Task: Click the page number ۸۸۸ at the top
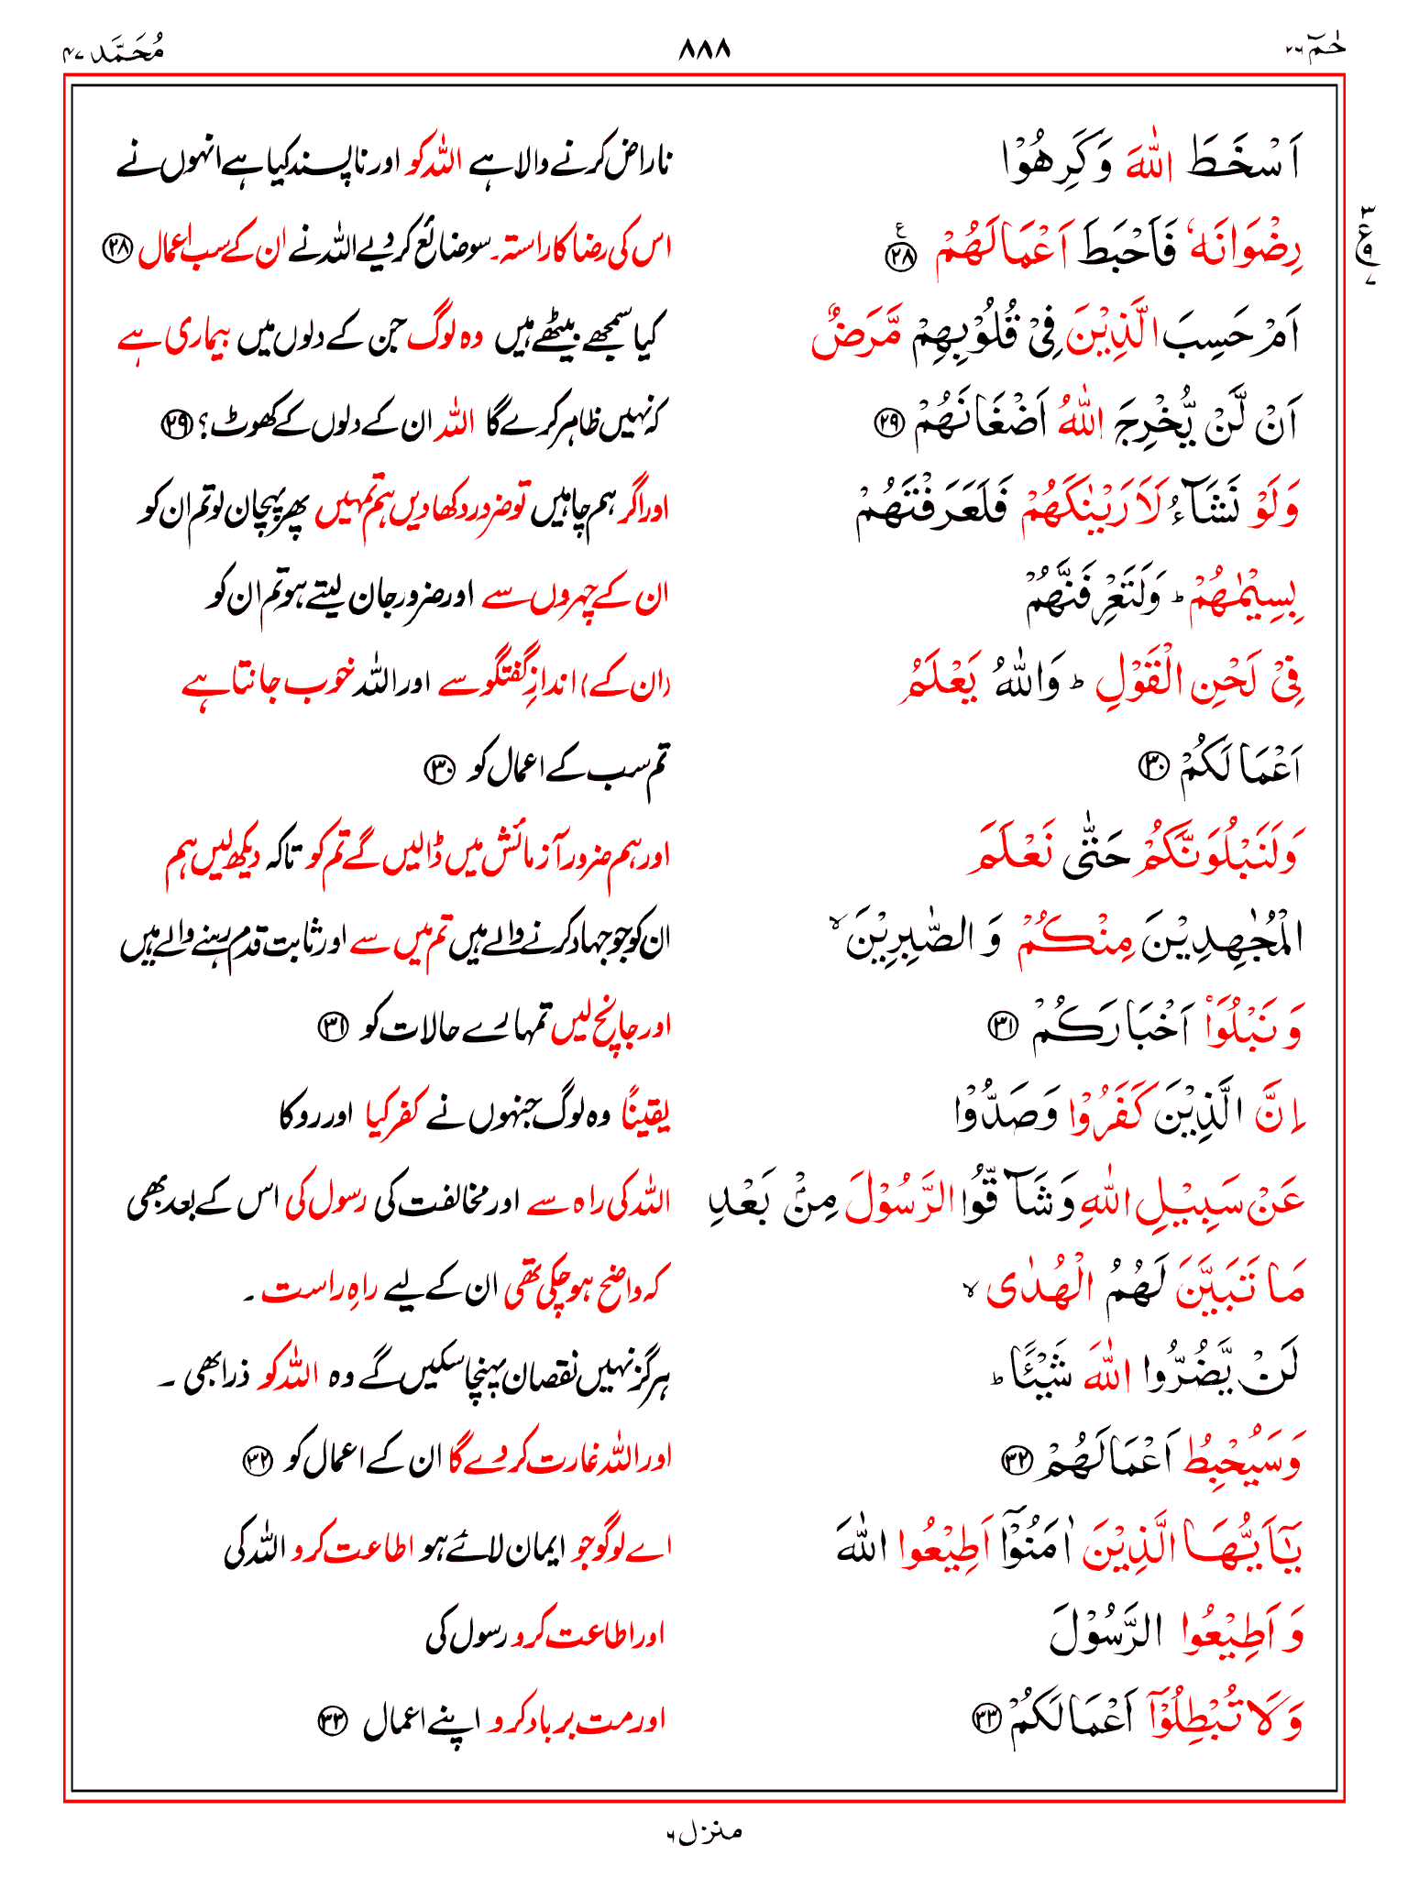tap(704, 49)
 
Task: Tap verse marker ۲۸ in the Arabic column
tap(899, 257)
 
